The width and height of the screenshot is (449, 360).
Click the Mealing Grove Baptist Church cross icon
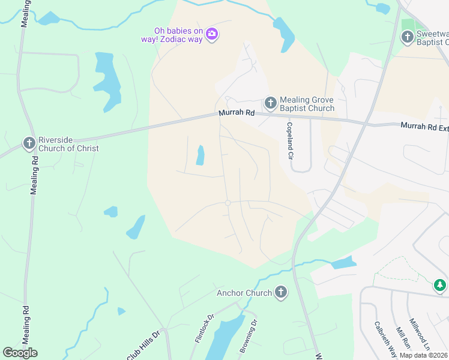coord(270,103)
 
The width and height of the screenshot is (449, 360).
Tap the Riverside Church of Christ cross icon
coord(29,143)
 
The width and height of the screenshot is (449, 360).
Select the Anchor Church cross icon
coord(280,293)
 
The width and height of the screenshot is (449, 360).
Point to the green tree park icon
coord(440,285)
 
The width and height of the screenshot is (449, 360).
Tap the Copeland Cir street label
coord(289,141)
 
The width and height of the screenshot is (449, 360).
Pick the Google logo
coord(20,353)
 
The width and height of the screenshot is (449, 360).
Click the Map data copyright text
coord(424,355)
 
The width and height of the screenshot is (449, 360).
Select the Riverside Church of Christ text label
coord(68,144)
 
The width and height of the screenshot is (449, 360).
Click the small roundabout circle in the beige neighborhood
coord(228,203)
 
